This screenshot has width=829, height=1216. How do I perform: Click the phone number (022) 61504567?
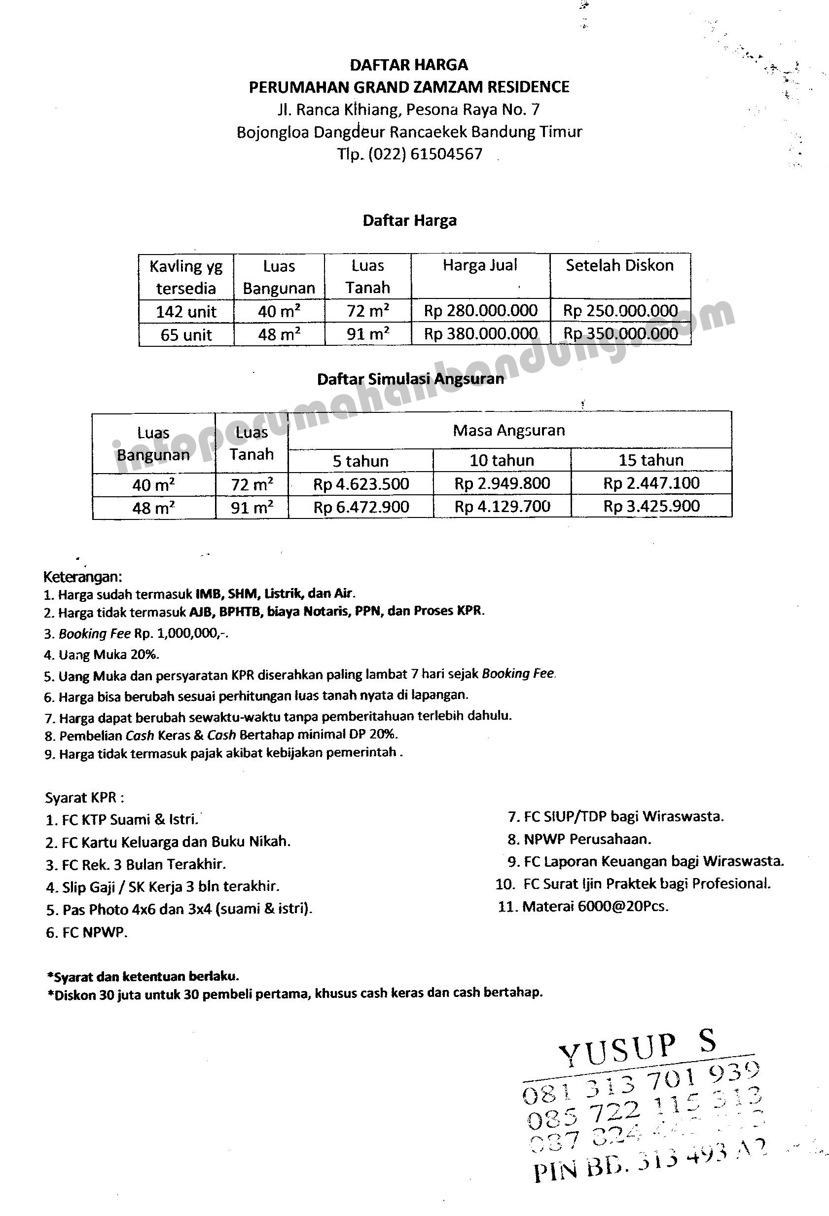[x=425, y=154]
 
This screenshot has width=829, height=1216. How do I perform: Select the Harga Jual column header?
[x=480, y=266]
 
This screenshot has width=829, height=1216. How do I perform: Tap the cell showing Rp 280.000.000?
[x=480, y=311]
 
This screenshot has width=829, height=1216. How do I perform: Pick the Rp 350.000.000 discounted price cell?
[x=620, y=334]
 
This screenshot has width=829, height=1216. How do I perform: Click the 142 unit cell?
[x=186, y=312]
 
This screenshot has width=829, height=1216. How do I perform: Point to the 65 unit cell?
[x=186, y=335]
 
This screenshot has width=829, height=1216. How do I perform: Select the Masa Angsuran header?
[x=509, y=431]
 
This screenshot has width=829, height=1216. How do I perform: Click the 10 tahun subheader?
[x=502, y=460]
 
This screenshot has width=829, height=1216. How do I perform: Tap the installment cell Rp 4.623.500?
[x=361, y=484]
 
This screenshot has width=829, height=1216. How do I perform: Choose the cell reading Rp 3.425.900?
[x=651, y=506]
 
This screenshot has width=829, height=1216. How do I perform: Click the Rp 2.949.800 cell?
[x=502, y=483]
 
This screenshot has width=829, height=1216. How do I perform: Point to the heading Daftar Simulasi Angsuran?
[x=411, y=379]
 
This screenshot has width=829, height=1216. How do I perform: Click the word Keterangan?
[x=83, y=577]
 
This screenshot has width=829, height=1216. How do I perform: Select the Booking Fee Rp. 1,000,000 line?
[x=136, y=633]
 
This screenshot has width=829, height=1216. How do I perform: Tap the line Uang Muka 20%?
[x=102, y=655]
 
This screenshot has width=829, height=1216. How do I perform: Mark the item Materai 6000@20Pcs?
[x=583, y=906]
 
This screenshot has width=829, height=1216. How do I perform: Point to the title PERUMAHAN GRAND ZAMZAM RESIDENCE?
[x=409, y=87]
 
